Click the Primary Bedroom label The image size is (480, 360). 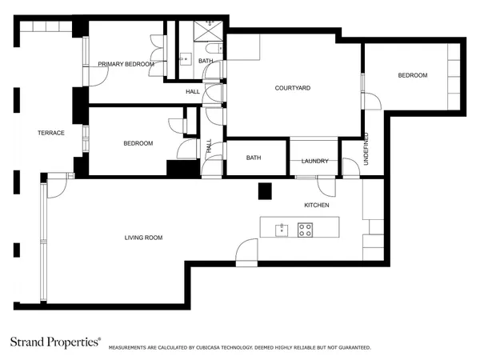point(126,64)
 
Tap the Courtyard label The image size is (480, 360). point(293,88)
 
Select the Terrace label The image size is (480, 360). point(51,133)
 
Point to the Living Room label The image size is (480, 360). point(143,238)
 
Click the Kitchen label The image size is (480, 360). point(317,205)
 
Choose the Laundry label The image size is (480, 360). point(315,161)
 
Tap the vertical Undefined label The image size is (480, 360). point(366,149)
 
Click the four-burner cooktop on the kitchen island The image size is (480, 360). point(306,230)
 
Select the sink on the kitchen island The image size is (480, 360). point(282,230)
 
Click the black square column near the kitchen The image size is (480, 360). point(265,191)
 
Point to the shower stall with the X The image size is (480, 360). point(208,31)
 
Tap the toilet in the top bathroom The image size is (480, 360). point(214,49)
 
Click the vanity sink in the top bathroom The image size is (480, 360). point(186,59)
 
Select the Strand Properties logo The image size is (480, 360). point(55,342)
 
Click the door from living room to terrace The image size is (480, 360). point(57,188)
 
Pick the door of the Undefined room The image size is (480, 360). point(351,167)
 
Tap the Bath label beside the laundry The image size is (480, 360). point(254,158)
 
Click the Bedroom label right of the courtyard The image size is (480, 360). point(413,75)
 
